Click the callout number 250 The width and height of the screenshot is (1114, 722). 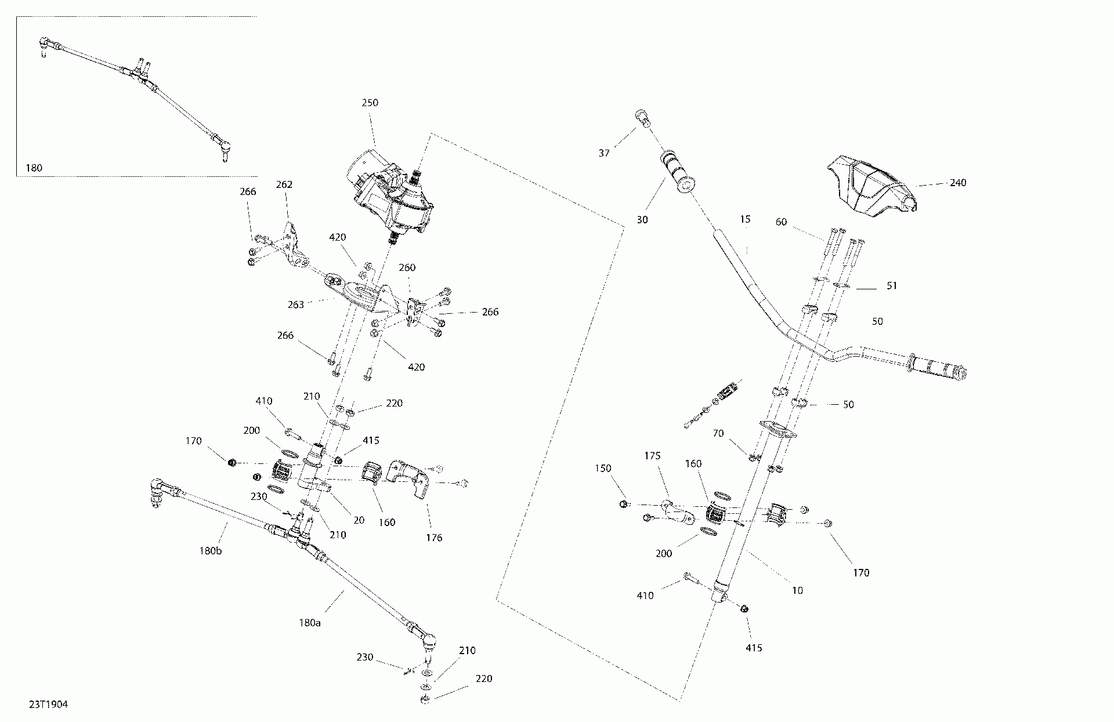coord(370,103)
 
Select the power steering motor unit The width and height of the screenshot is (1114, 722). coord(390,191)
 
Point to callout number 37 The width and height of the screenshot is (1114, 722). coord(604,153)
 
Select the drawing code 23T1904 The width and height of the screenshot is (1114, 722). coord(49,705)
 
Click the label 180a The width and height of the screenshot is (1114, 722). coord(310,623)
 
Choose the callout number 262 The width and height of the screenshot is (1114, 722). coord(284,185)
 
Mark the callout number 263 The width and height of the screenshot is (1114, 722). coord(296,304)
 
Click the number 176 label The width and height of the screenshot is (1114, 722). coord(434,538)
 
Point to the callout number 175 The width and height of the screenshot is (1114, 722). coord(652,456)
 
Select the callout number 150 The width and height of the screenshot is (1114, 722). coord(603,469)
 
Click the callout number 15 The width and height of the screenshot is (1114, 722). coord(745,219)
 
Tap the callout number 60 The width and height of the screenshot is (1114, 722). coord(782,222)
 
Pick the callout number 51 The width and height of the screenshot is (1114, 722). coord(892,286)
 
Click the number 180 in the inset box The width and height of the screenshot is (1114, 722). coord(34,168)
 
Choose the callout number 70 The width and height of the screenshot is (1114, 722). coord(719,433)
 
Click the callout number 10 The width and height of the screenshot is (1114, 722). coord(797,590)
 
